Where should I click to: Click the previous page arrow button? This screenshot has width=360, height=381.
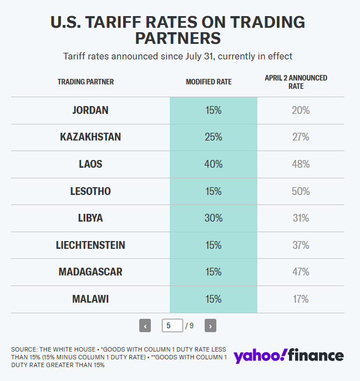(145, 326)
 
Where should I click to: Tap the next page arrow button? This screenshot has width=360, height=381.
(210, 326)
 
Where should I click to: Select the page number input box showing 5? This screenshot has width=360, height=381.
(172, 326)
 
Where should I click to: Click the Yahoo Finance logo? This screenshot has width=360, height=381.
(288, 355)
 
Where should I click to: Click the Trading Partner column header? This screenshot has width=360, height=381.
(85, 82)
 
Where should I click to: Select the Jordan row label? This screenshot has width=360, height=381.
(90, 110)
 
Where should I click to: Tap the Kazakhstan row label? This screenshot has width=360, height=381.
(90, 137)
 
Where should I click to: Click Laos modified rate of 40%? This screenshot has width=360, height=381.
(213, 164)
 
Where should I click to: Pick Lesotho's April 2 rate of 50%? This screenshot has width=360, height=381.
(301, 191)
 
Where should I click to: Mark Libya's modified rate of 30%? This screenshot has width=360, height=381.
(213, 218)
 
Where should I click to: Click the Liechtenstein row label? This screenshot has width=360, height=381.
(90, 245)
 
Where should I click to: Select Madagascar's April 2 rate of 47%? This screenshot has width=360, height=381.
(301, 272)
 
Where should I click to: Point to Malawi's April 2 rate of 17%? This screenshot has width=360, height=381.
(301, 299)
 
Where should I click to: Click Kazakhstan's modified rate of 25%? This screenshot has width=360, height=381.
(213, 137)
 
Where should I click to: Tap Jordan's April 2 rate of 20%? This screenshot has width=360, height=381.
(301, 110)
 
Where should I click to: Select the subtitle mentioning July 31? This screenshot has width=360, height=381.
(178, 56)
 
